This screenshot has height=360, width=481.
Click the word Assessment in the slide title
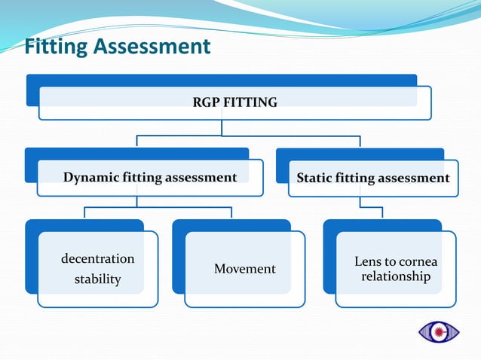154,47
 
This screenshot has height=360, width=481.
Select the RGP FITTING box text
234,102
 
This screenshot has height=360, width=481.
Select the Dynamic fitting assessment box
150,178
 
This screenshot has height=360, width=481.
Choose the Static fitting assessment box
373,178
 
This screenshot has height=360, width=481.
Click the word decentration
97,259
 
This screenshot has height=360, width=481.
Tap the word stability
97,279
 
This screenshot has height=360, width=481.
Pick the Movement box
244,269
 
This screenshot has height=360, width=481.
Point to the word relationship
396,276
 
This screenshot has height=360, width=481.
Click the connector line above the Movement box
231,212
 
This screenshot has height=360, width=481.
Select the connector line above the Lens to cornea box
381,212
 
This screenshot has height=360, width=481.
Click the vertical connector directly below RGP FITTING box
221,127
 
